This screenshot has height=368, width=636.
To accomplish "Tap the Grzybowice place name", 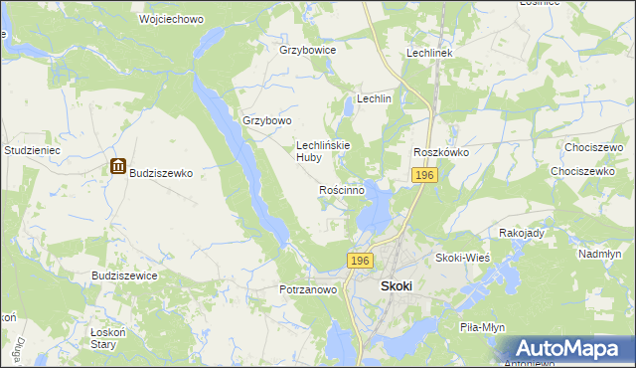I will (308, 49).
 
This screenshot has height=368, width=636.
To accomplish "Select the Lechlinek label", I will (429, 52).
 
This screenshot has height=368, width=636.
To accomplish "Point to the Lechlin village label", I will (375, 99).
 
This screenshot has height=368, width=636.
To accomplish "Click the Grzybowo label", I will (267, 120).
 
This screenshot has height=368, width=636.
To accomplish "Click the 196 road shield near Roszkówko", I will (424, 175).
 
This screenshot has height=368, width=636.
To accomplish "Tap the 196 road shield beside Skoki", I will (360, 261).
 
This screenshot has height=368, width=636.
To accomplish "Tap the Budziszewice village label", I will (124, 276).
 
